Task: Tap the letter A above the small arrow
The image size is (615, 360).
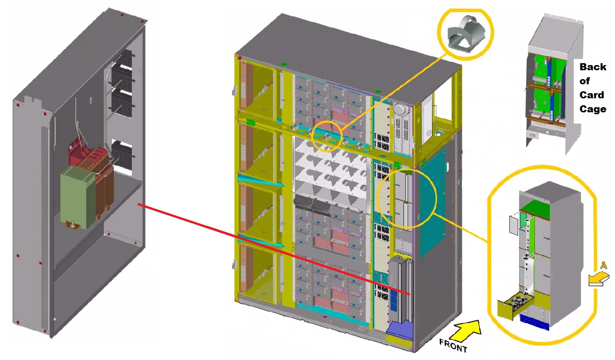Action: (603, 265)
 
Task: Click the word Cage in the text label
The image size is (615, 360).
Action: (593, 109)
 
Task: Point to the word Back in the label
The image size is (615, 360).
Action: (593, 67)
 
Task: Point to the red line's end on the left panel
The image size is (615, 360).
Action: (139, 204)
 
